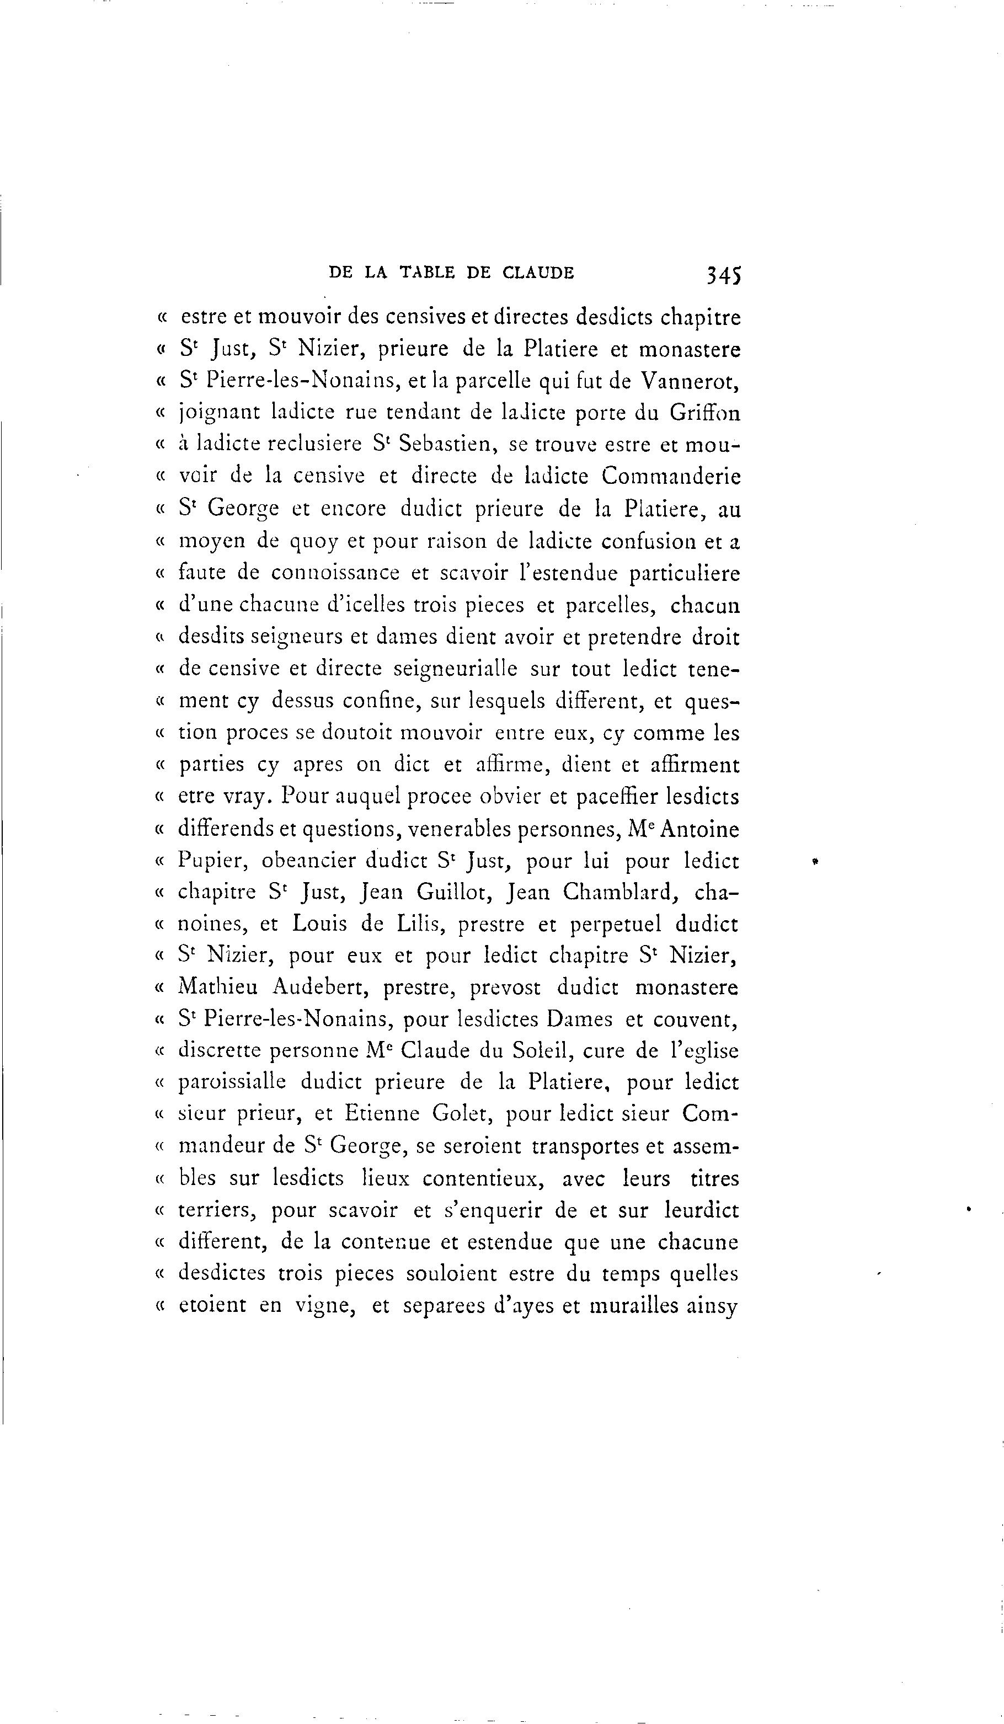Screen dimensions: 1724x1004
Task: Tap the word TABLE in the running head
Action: [428, 273]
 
